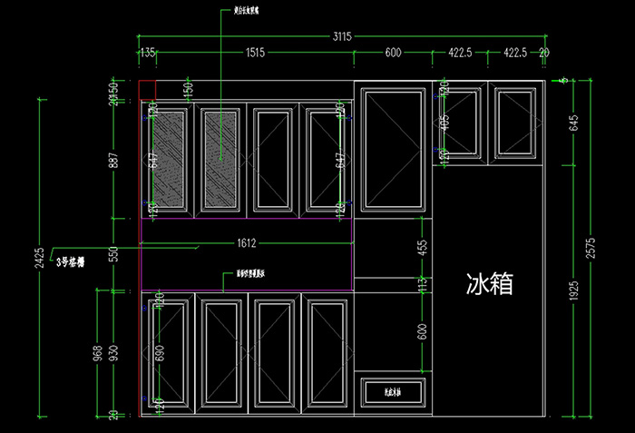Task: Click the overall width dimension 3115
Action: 341,36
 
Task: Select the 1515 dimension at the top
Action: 254,54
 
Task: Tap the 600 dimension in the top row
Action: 393,54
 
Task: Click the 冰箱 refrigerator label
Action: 489,284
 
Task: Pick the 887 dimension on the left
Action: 112,160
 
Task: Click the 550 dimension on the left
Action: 112,254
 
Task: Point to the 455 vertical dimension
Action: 423,247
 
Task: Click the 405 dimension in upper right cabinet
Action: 444,123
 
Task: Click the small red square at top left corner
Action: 148,88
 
